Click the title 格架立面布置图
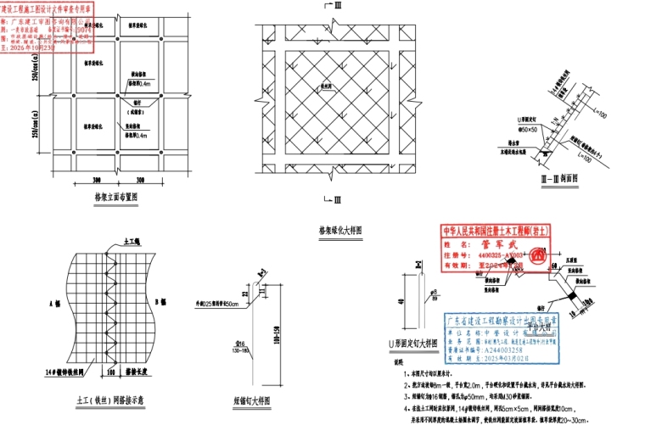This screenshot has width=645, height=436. [x=117, y=194]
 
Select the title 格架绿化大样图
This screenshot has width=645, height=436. [x=339, y=230]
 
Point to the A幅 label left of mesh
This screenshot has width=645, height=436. [x=54, y=302]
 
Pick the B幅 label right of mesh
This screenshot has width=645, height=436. [x=158, y=302]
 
